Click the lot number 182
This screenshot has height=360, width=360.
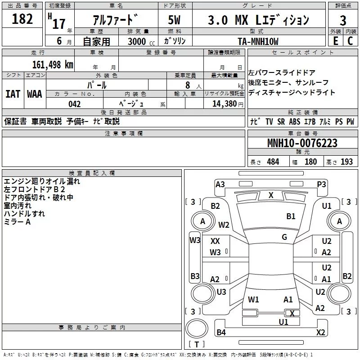(22, 19)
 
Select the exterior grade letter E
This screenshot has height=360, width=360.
(335, 40)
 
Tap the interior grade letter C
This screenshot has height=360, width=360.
(350, 40)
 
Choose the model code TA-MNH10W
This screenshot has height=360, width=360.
(258, 41)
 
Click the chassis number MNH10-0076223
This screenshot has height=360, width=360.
(302, 143)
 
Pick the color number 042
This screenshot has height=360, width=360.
(74, 104)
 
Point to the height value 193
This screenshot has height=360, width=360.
(347, 162)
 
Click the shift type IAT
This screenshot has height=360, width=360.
(13, 94)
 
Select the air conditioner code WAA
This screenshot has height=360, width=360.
(35, 94)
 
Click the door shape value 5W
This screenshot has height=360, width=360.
(174, 20)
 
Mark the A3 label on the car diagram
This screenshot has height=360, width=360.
(220, 184)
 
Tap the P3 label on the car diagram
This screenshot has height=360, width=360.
(321, 184)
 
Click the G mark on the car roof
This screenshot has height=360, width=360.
(284, 237)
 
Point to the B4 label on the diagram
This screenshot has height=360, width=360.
(221, 333)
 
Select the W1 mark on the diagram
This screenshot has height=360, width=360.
(254, 299)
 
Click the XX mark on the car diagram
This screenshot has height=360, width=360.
(215, 241)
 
